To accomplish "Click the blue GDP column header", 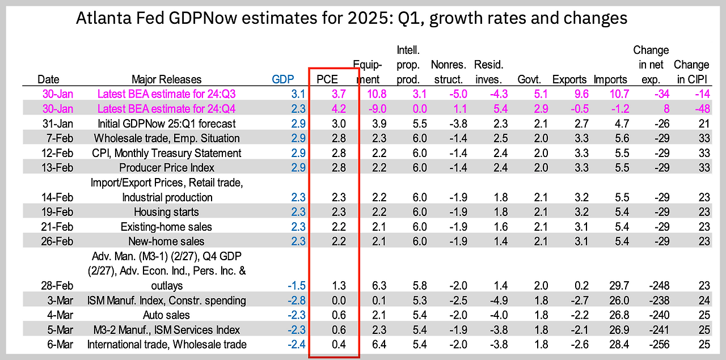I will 284,79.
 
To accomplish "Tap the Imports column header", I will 610,79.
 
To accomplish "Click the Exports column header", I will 569,79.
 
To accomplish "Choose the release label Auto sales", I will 167,315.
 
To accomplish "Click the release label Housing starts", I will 167,212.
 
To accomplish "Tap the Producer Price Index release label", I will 167,168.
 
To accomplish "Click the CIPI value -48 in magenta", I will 702,109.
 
